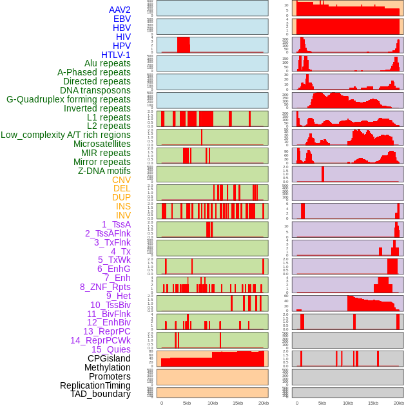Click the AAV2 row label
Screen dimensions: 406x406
(120, 10)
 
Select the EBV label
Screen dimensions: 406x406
(122, 19)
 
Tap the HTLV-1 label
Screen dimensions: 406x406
(116, 55)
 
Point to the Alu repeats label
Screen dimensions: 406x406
(108, 63)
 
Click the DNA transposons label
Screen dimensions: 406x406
(95, 90)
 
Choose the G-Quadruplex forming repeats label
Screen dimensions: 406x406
(68, 99)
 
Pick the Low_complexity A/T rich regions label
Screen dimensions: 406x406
(66, 135)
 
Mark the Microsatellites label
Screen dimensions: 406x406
(102, 144)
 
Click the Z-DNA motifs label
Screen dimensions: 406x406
(104, 171)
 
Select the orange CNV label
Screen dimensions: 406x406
(121, 180)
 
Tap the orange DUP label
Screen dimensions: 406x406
(121, 197)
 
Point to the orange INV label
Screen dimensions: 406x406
(123, 215)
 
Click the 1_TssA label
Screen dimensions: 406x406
(116, 224)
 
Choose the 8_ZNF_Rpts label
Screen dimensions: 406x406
(105, 287)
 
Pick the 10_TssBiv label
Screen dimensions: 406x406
(110, 305)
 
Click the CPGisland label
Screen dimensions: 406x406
(109, 358)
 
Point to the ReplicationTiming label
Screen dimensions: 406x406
(95, 385)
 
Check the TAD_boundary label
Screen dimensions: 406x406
(101, 394)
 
